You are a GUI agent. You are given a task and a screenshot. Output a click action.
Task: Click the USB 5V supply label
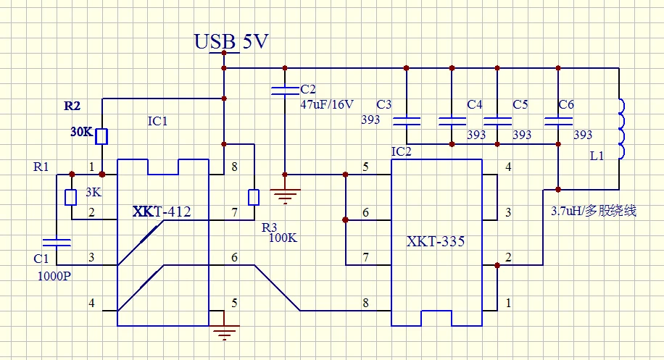(231, 41)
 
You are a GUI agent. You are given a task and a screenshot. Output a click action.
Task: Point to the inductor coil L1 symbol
(621, 129)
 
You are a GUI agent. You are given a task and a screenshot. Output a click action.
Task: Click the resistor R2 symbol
(102, 135)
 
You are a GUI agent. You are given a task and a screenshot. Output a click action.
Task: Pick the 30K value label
(80, 133)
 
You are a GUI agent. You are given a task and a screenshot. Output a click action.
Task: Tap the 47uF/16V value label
(327, 104)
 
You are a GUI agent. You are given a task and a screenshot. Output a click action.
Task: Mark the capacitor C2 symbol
(285, 91)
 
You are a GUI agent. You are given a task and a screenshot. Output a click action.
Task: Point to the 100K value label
(283, 237)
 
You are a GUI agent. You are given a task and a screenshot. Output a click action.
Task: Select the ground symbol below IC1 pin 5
(225, 331)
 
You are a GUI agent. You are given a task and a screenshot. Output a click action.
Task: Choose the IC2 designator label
(401, 151)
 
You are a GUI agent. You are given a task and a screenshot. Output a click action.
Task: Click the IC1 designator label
(157, 121)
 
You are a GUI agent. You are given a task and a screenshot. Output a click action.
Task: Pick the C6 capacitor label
(566, 105)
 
